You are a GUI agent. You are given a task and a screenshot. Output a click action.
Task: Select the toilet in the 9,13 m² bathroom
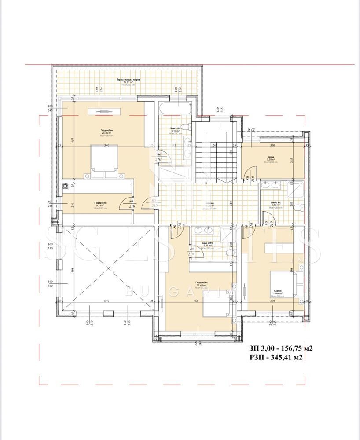(x=187, y=128)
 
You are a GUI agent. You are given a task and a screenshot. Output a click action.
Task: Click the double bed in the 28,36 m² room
(x=104, y=160)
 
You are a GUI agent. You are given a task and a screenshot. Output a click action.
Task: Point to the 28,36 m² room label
(x=104, y=132)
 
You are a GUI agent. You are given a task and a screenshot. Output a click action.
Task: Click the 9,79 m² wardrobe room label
(x=101, y=204)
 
